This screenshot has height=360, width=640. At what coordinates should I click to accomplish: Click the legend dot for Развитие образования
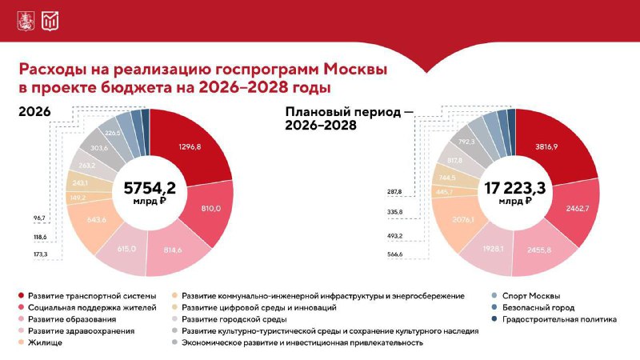click(19, 319)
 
